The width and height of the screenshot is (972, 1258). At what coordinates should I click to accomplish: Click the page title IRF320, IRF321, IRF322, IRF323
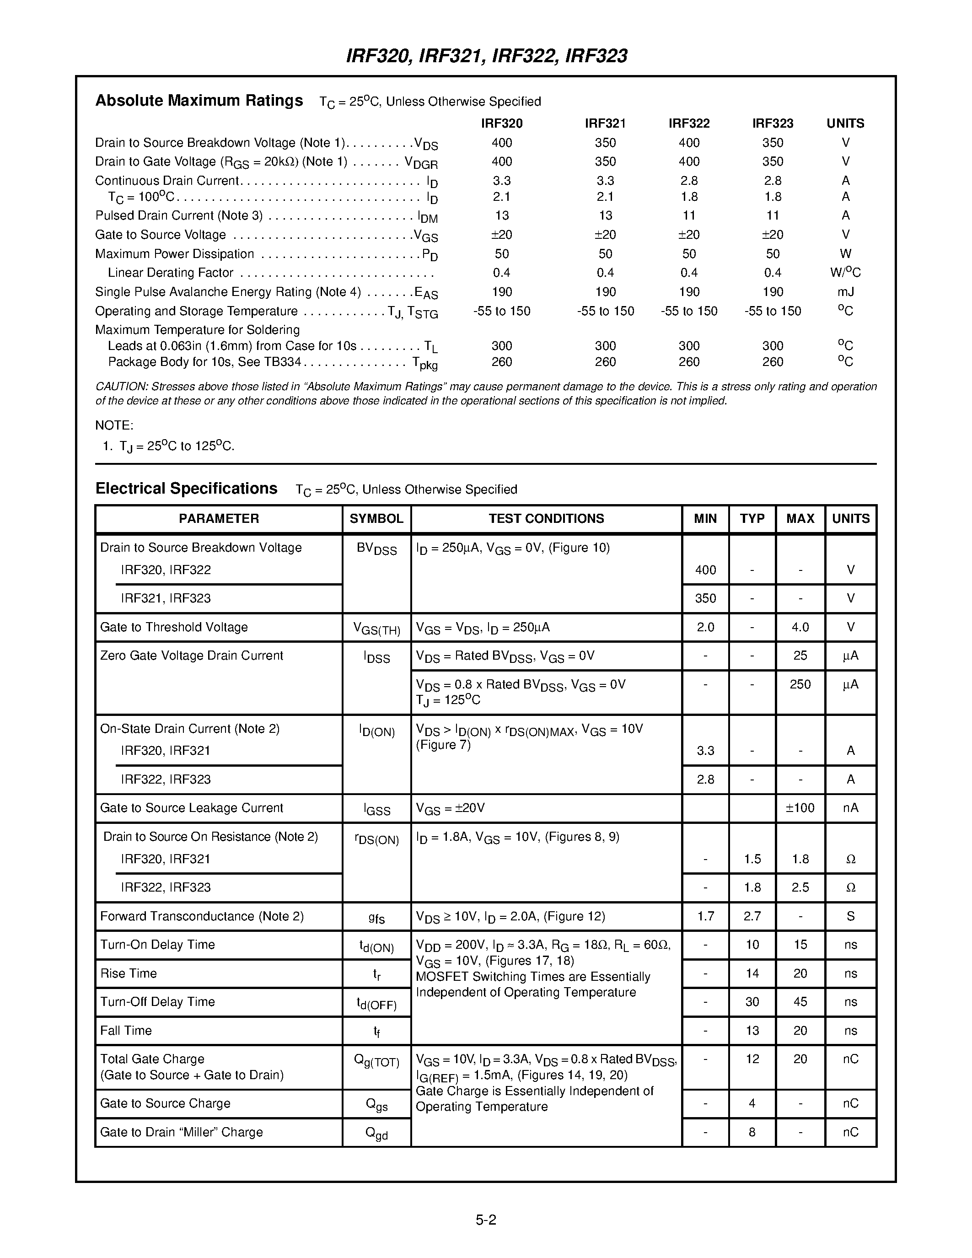(486, 56)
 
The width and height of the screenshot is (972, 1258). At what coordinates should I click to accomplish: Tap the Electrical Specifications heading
(186, 489)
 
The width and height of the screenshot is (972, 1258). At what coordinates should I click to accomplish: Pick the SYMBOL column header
(376, 518)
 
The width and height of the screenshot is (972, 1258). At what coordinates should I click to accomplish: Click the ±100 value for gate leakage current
(800, 807)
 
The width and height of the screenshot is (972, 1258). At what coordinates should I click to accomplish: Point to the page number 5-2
(486, 1220)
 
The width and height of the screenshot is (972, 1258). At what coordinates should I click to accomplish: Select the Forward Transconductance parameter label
(202, 916)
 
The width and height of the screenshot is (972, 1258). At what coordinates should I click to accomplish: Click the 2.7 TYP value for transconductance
(752, 916)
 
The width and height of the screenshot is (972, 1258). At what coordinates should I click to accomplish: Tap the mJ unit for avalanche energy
(845, 292)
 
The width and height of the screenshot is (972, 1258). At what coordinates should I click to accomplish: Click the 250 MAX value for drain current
(800, 684)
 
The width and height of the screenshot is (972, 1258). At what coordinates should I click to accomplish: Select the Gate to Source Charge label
(165, 1103)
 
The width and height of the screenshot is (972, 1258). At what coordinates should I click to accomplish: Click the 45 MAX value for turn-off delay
(800, 1002)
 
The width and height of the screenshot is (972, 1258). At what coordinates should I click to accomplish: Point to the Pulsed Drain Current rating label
(178, 215)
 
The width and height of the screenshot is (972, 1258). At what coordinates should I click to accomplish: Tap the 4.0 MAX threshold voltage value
(800, 627)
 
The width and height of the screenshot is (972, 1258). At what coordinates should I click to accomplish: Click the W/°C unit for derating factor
(845, 273)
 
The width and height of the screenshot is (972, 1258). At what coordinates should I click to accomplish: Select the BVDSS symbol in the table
(376, 548)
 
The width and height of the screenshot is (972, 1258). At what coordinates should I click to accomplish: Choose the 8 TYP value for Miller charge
(752, 1132)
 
